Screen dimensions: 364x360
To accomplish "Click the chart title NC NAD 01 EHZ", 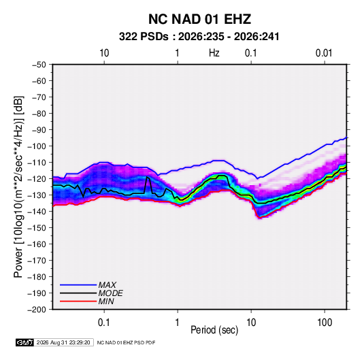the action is [199, 19].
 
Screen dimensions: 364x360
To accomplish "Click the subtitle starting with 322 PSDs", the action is [199, 37].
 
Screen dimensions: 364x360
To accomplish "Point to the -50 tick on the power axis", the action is [39, 65].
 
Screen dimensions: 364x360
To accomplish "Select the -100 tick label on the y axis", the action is [37, 146].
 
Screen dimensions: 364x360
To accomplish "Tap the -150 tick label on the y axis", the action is [37, 228].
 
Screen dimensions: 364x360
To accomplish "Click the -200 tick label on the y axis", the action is [37, 310].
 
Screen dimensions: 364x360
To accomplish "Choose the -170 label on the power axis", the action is [37, 261].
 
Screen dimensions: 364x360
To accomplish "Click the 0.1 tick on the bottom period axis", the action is [104, 323].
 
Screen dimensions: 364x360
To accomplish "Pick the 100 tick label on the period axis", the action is [325, 323].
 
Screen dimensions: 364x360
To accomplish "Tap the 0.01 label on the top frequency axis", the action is [324, 53].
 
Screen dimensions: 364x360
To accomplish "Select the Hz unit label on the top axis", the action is [214, 53].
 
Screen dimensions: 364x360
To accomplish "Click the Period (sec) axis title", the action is [214, 330].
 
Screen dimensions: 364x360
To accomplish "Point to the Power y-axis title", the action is [18, 187].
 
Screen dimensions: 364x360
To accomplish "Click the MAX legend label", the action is [107, 285].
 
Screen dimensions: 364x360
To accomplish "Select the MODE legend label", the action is [110, 293].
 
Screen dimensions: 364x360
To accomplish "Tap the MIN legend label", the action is [106, 301].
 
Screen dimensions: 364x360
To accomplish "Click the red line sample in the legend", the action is [78, 301].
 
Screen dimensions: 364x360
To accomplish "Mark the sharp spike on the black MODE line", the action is [147, 177].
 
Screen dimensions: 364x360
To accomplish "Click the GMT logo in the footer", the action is [25, 342].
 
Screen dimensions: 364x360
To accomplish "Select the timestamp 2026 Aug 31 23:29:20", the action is [63, 342].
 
